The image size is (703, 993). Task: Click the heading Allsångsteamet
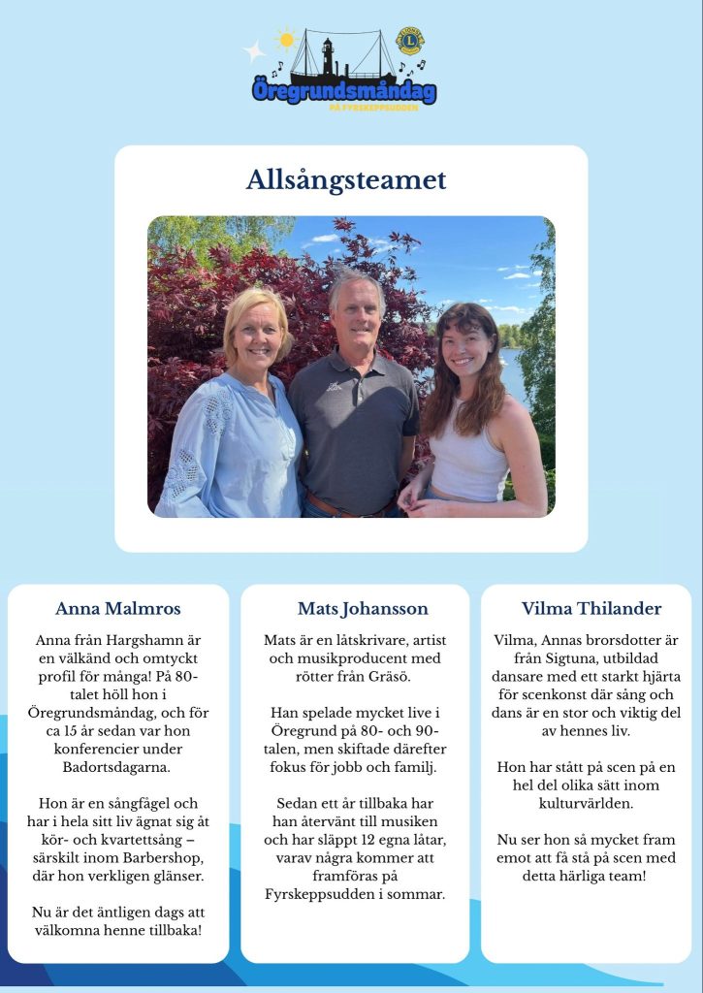pyautogui.click(x=346, y=180)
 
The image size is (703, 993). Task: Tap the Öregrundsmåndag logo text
pyautogui.click(x=344, y=91)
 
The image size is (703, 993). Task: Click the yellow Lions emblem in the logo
pyautogui.click(x=410, y=41)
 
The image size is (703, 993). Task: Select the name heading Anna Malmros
pyautogui.click(x=118, y=609)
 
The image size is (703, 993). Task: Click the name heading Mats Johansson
pyautogui.click(x=363, y=609)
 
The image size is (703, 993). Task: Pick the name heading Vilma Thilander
pyautogui.click(x=591, y=609)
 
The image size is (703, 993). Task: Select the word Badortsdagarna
pyautogui.click(x=118, y=767)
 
